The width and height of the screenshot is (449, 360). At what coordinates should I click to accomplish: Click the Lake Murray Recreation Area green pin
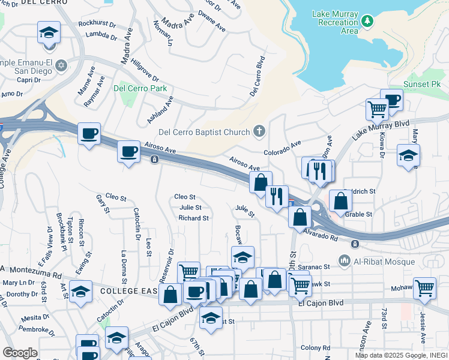(367, 22)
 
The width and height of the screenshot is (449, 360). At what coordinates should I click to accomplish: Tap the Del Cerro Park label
(140, 89)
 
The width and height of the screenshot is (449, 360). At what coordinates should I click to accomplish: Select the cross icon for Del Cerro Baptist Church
(259, 130)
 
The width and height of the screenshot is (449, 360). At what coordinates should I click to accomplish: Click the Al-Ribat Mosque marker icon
(344, 260)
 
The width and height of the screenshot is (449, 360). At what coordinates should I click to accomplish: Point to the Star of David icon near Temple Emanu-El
(61, 65)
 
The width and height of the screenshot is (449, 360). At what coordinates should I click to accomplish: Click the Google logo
(20, 352)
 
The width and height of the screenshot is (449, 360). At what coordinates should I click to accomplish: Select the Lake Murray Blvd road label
(380, 130)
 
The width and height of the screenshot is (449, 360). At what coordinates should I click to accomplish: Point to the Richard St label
(193, 218)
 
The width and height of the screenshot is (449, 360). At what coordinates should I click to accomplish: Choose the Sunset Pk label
(421, 84)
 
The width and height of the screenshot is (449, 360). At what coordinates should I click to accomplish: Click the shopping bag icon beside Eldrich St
(340, 201)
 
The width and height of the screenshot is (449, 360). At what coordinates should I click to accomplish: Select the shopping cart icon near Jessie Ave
(424, 287)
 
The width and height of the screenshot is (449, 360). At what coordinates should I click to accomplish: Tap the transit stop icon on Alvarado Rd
(355, 244)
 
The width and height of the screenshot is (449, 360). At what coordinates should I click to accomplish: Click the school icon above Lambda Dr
(49, 32)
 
